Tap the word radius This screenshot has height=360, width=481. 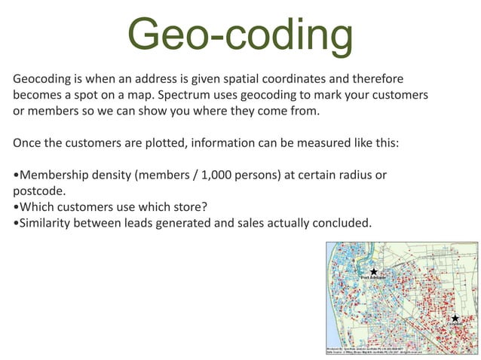click(x=361, y=175)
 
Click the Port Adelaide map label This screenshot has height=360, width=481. click(x=372, y=278)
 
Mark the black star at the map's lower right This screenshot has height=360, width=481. click(x=455, y=319)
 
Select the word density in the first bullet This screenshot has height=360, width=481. click(x=115, y=175)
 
